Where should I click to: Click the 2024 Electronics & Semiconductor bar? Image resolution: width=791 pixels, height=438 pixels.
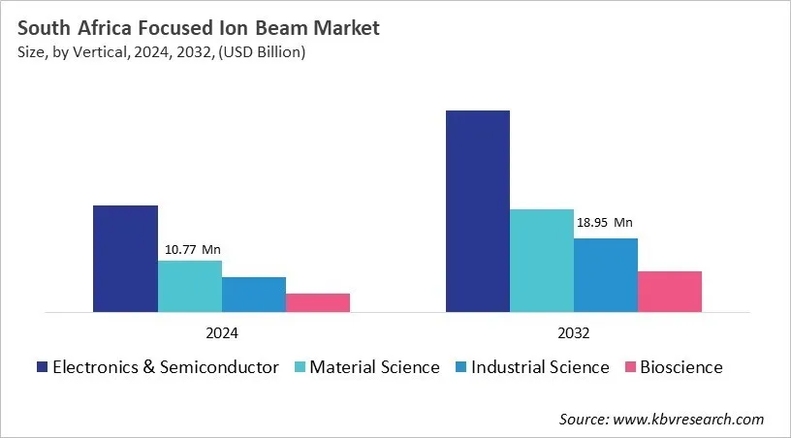pos(125,259)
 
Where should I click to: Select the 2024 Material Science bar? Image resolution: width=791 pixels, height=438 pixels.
pos(189,286)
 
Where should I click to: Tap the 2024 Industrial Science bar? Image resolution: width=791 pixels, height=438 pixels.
pos(253,295)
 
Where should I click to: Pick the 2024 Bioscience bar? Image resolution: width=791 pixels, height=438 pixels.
pos(317,302)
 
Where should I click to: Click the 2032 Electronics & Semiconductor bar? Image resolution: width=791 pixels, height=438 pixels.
pos(477,211)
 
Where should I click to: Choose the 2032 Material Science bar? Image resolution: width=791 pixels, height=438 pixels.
pos(541,261)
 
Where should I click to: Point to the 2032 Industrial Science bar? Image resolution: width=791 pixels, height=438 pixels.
pos(605,275)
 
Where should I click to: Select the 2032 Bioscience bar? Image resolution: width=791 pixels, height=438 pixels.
pos(669,292)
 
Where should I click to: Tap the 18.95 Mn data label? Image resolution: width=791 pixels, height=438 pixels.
pos(605,222)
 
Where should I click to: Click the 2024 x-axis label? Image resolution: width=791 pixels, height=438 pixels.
pos(221,332)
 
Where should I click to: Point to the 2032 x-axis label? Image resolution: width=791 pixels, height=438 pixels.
pos(573,332)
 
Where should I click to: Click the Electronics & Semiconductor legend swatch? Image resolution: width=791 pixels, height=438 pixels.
pos(42,367)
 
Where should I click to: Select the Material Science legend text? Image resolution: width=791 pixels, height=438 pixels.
pos(374,367)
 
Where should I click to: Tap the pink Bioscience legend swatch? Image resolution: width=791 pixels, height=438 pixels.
pos(631,367)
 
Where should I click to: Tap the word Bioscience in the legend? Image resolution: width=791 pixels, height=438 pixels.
pos(681,367)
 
